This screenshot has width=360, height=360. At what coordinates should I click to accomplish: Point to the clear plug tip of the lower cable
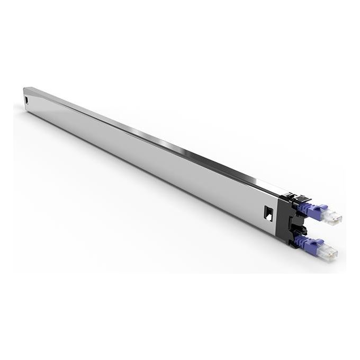(x=329, y=253)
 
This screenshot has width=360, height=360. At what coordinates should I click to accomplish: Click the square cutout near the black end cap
(x=268, y=213)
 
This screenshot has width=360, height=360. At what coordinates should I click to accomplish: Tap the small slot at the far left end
(x=26, y=100)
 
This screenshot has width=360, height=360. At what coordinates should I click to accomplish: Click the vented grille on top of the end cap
(x=301, y=198)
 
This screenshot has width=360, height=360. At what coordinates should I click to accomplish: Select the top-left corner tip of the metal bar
(x=25, y=88)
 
